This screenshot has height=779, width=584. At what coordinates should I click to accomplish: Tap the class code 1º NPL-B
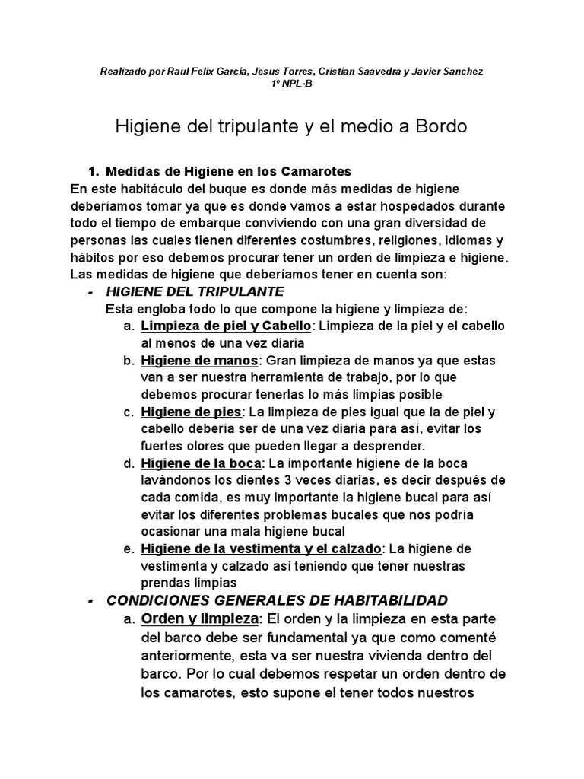click(291, 83)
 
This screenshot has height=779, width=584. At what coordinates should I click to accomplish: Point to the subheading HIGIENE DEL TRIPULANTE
click(195, 291)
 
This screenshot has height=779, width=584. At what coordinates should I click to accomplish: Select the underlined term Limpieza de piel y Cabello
click(226, 326)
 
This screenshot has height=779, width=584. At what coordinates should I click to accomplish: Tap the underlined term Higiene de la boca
click(202, 463)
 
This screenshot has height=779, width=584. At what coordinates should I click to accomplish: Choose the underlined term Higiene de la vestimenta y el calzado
click(261, 549)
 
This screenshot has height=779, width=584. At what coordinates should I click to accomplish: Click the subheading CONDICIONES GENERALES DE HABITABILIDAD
click(278, 600)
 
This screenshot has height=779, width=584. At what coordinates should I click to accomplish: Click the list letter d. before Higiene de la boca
click(128, 463)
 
